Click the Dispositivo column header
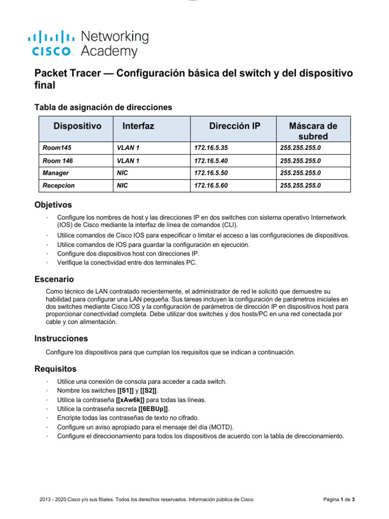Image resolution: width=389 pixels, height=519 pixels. [77, 126]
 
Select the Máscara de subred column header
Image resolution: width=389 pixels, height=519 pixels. [313, 131]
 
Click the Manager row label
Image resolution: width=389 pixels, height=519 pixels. [55, 173]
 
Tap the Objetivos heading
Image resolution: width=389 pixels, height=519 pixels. [53, 205]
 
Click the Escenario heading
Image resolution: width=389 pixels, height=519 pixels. [54, 279]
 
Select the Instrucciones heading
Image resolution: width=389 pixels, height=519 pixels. [61, 338]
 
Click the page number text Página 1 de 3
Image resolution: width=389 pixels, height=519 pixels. [339, 500]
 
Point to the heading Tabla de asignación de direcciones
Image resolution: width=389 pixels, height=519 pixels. [103, 107]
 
